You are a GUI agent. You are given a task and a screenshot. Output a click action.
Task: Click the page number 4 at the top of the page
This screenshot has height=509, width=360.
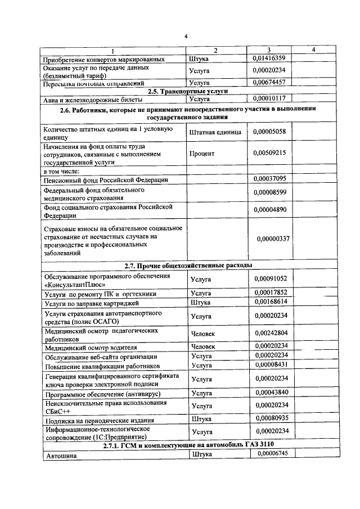click(x=185, y=37)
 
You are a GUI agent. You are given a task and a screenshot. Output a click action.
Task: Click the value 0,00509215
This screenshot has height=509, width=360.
click(x=269, y=153)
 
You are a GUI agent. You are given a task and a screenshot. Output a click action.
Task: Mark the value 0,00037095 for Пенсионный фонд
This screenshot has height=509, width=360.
click(x=269, y=179)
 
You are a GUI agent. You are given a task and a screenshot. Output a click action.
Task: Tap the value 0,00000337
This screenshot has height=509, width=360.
click(x=273, y=239)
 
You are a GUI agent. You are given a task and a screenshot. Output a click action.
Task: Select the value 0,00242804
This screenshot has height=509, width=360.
click(x=270, y=334)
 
